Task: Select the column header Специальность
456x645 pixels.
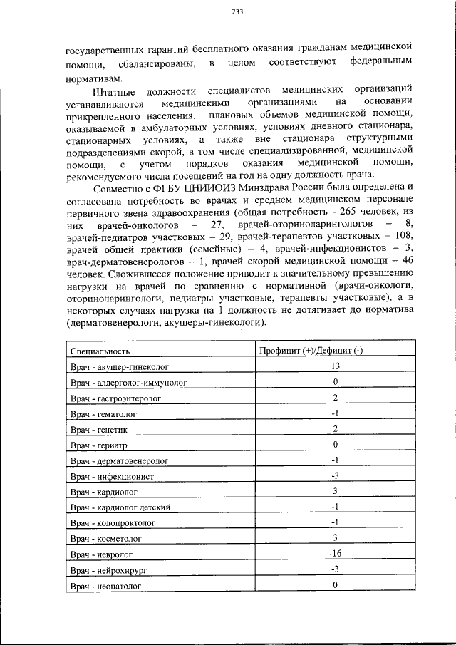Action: pos(100,351)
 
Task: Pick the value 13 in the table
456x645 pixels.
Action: pos(334,366)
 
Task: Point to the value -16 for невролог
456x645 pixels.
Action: pos(334,553)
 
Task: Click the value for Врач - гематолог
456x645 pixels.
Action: pos(334,413)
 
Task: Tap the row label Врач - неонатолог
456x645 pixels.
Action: pos(105,585)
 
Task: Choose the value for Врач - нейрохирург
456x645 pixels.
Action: pos(334,569)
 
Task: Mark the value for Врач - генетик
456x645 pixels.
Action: pos(334,428)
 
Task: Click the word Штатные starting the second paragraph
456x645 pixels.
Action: pos(114,93)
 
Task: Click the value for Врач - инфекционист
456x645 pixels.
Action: pos(334,475)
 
